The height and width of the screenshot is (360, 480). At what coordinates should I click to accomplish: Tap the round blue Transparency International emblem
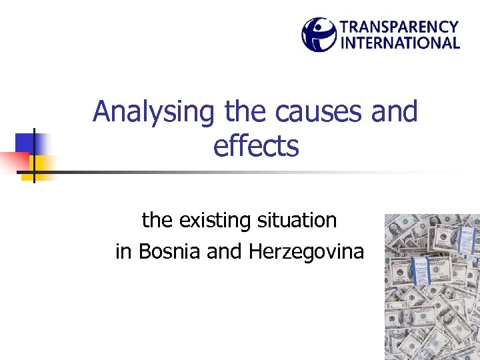(319, 35)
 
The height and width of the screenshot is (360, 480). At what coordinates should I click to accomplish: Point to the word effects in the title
(256, 146)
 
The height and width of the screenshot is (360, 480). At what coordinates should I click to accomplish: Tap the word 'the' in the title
(240, 111)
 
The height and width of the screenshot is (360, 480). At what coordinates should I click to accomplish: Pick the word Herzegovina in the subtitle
(307, 252)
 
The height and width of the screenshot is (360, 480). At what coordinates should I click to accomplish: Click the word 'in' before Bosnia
(123, 252)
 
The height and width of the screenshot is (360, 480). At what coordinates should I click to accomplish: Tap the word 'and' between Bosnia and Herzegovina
(224, 252)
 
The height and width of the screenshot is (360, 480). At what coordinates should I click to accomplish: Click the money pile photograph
(432, 287)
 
